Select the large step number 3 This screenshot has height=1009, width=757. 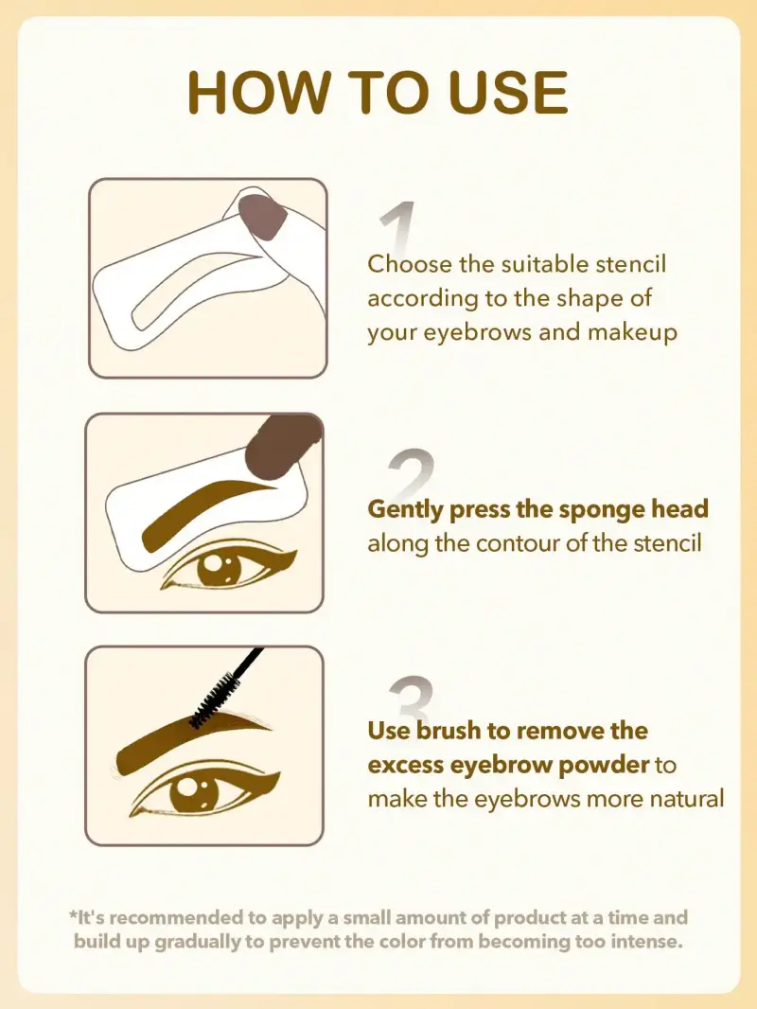coord(411,699)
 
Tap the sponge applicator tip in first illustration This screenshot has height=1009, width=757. coord(263,217)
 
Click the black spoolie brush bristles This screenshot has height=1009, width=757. coord(212,700)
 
